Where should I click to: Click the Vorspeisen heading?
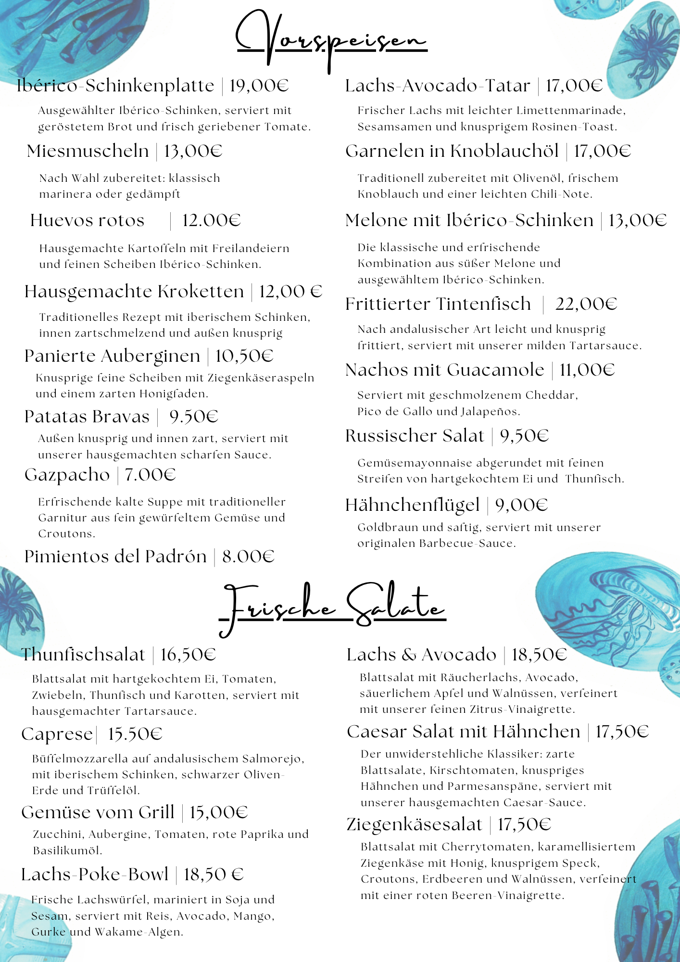(x=331, y=41)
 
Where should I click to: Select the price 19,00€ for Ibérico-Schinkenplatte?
(x=259, y=86)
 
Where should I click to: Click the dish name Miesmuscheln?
(x=88, y=151)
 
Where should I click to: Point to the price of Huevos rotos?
(x=211, y=220)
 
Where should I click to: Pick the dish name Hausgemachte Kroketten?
(x=134, y=291)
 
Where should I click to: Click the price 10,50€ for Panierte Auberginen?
(x=244, y=356)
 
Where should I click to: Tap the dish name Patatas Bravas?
(x=87, y=417)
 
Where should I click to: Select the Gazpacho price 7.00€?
(x=150, y=475)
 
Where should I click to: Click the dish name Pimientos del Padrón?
(x=115, y=557)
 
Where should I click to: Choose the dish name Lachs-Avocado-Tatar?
(x=438, y=86)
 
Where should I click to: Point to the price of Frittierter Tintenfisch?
(x=586, y=304)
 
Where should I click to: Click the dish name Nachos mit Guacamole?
(x=445, y=370)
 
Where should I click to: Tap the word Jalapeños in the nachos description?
(x=490, y=412)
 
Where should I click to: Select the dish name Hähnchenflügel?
(x=413, y=505)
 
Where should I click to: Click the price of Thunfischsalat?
(x=188, y=655)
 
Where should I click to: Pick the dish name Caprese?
(x=57, y=734)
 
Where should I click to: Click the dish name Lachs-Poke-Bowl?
(x=95, y=874)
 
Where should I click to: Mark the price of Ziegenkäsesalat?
(x=524, y=824)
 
